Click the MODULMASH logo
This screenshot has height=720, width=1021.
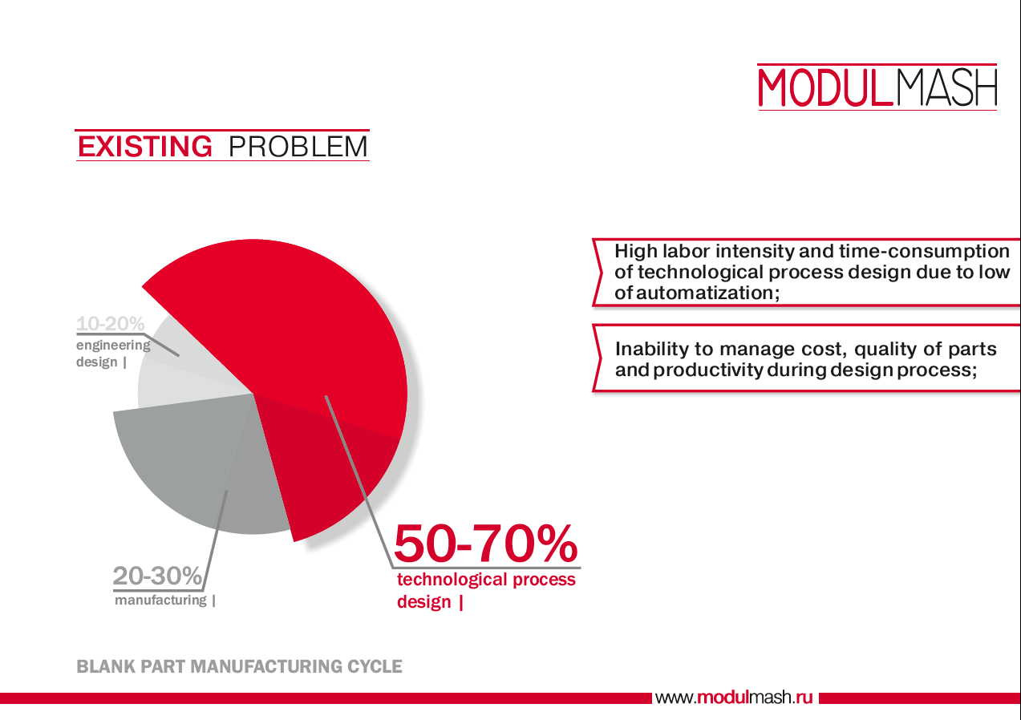click(877, 87)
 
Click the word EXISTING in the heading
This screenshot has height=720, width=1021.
click(145, 146)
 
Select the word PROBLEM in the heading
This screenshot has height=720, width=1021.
click(298, 147)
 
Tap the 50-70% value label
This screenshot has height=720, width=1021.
click(485, 543)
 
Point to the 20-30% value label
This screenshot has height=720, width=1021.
click(157, 576)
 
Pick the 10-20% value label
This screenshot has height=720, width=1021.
click(111, 324)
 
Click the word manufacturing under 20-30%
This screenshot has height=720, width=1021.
click(160, 600)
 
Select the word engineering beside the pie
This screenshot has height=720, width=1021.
click(113, 346)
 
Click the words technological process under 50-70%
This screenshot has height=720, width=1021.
click(486, 579)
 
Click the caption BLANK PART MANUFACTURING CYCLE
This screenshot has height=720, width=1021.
click(239, 666)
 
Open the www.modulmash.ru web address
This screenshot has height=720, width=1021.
click(734, 698)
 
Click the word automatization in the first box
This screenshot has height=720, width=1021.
click(707, 293)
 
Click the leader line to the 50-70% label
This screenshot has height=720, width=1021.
click(359, 482)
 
